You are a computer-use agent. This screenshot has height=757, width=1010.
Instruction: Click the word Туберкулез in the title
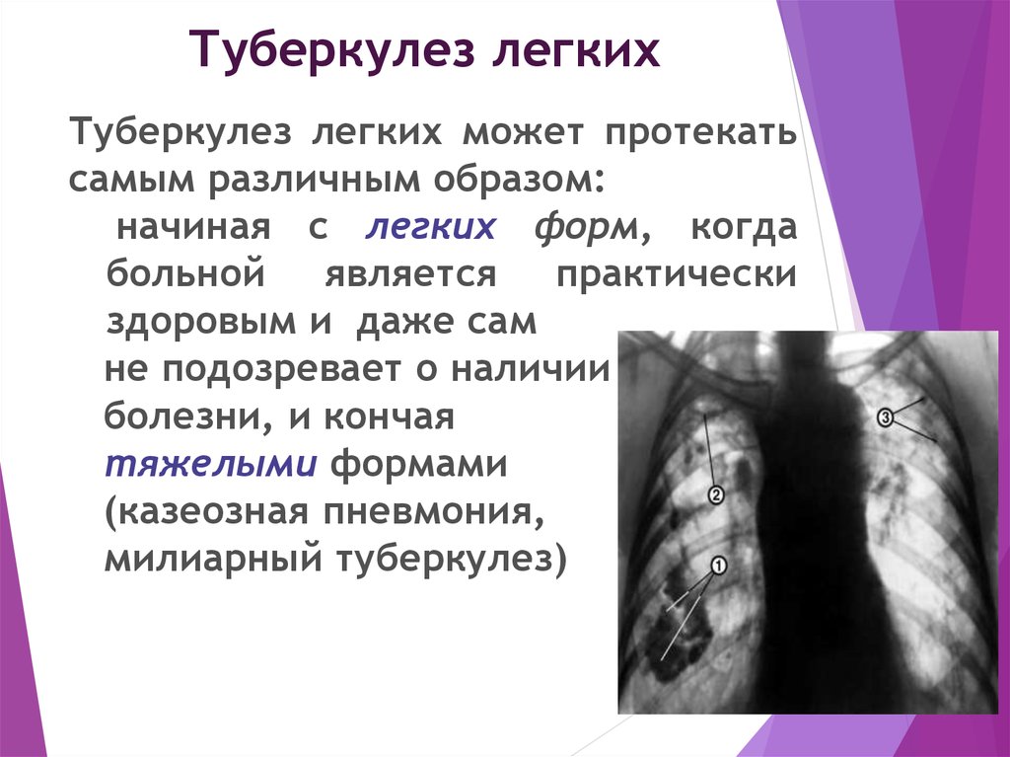pyautogui.click(x=331, y=49)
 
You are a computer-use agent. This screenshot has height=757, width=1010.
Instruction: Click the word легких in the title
pyautogui.click(x=576, y=49)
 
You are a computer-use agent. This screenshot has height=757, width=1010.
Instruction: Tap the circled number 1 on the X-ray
pyautogui.click(x=719, y=566)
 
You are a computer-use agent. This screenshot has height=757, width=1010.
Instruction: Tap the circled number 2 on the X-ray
pyautogui.click(x=716, y=495)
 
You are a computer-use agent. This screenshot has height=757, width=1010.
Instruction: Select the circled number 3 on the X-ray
pyautogui.click(x=885, y=417)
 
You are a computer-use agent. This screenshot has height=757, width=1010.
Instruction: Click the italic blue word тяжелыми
pyautogui.click(x=211, y=464)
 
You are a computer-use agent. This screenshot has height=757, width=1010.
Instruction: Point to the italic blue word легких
pyautogui.click(x=430, y=227)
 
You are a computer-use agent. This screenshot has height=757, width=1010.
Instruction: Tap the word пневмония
pyautogui.click(x=434, y=512)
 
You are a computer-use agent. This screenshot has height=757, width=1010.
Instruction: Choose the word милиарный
pyautogui.click(x=212, y=559)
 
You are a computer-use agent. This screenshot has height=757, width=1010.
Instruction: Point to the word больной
pyautogui.click(x=186, y=273)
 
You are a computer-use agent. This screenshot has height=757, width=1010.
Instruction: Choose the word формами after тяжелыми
pyautogui.click(x=419, y=464)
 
